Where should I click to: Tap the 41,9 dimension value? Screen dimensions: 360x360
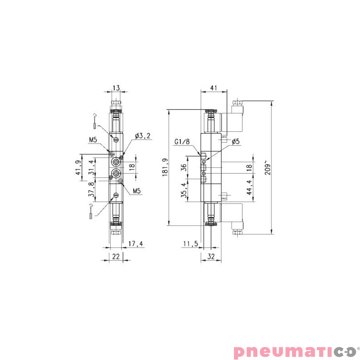[78, 168]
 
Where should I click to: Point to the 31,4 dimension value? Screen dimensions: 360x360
[92, 167]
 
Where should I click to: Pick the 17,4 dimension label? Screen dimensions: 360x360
[135, 244]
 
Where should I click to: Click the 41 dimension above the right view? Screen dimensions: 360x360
[214, 88]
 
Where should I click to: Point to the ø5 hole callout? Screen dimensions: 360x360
[236, 142]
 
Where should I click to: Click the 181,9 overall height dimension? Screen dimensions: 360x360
[165, 167]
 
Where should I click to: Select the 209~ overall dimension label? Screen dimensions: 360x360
[269, 167]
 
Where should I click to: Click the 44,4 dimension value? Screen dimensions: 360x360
[249, 187]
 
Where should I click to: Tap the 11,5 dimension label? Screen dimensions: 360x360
[191, 244]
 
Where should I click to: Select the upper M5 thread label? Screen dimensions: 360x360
[93, 140]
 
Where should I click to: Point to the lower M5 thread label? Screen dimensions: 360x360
[137, 191]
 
